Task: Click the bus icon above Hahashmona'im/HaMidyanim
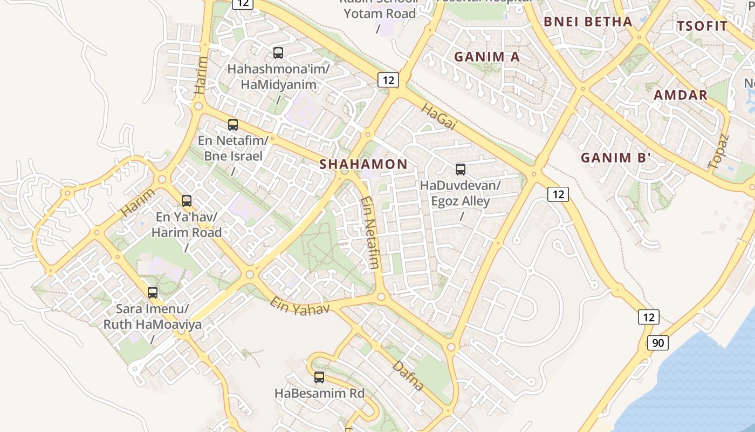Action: (x=278, y=53)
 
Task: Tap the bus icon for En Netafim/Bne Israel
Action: (x=233, y=125)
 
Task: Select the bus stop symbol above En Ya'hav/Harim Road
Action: (x=187, y=201)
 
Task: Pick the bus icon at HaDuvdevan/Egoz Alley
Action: (x=461, y=170)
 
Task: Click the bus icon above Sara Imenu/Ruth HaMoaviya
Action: (x=153, y=293)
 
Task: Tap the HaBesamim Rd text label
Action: (x=320, y=393)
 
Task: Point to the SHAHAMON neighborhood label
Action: (x=363, y=164)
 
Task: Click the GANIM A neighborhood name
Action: (x=487, y=57)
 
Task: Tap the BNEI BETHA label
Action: (x=588, y=22)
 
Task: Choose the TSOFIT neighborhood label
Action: (x=702, y=26)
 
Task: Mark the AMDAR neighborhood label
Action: (x=681, y=95)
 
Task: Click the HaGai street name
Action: (x=438, y=117)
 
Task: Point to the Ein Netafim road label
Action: (x=370, y=232)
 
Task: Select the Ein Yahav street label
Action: (x=299, y=306)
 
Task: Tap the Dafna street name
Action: (x=408, y=376)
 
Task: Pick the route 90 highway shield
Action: (x=658, y=343)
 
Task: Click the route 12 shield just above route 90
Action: (x=648, y=317)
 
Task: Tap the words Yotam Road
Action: (x=380, y=13)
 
